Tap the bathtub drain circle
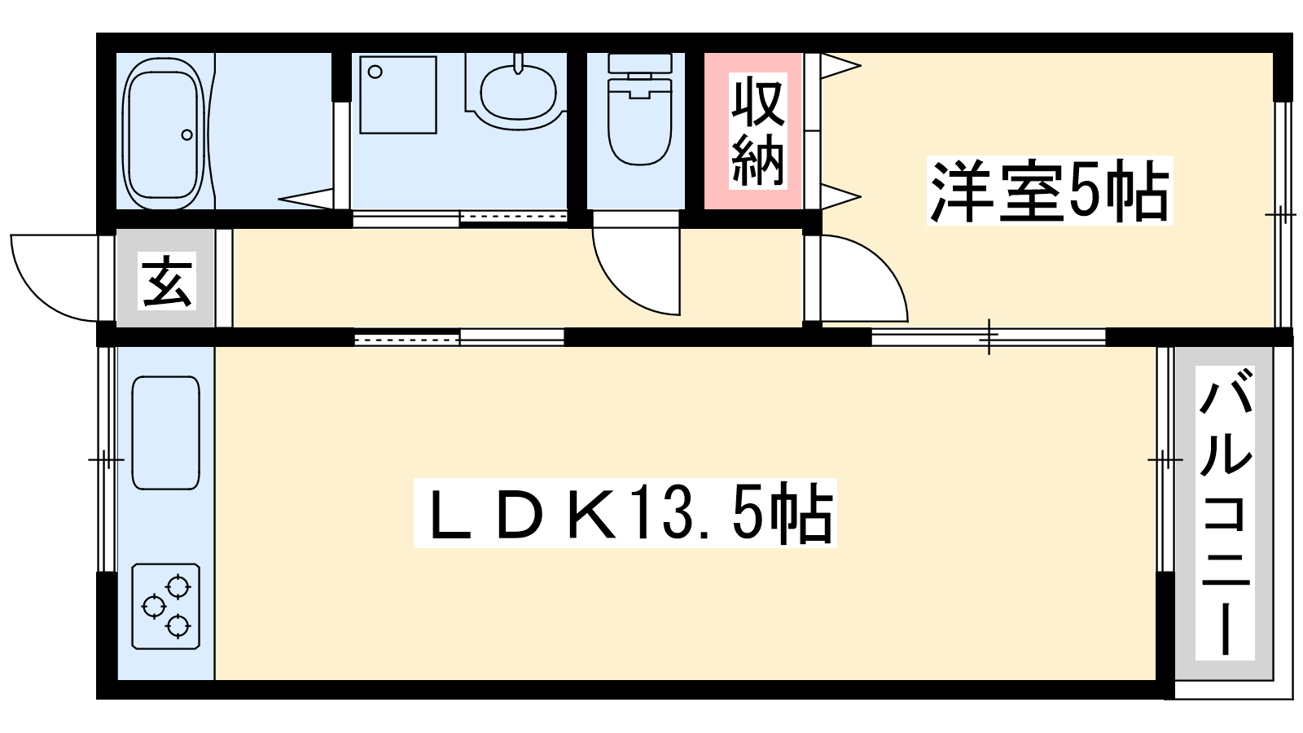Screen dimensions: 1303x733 click(x=186, y=135)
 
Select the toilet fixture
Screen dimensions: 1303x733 click(x=639, y=109)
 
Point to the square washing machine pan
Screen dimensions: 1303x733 click(x=398, y=94)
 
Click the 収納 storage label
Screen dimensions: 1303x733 click(x=758, y=131)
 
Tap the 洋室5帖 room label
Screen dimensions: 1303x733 click(x=1050, y=191)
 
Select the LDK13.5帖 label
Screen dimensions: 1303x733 click(x=625, y=512)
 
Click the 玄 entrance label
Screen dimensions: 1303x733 click(x=167, y=280)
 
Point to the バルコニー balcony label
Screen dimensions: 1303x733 click(x=1225, y=513)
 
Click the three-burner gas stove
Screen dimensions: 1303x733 click(x=166, y=606)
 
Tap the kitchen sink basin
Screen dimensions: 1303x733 click(x=166, y=432)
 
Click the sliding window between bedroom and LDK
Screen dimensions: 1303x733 click(x=989, y=337)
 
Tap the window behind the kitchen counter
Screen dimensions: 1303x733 click(x=107, y=459)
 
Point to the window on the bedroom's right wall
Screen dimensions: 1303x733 click(x=1282, y=215)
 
